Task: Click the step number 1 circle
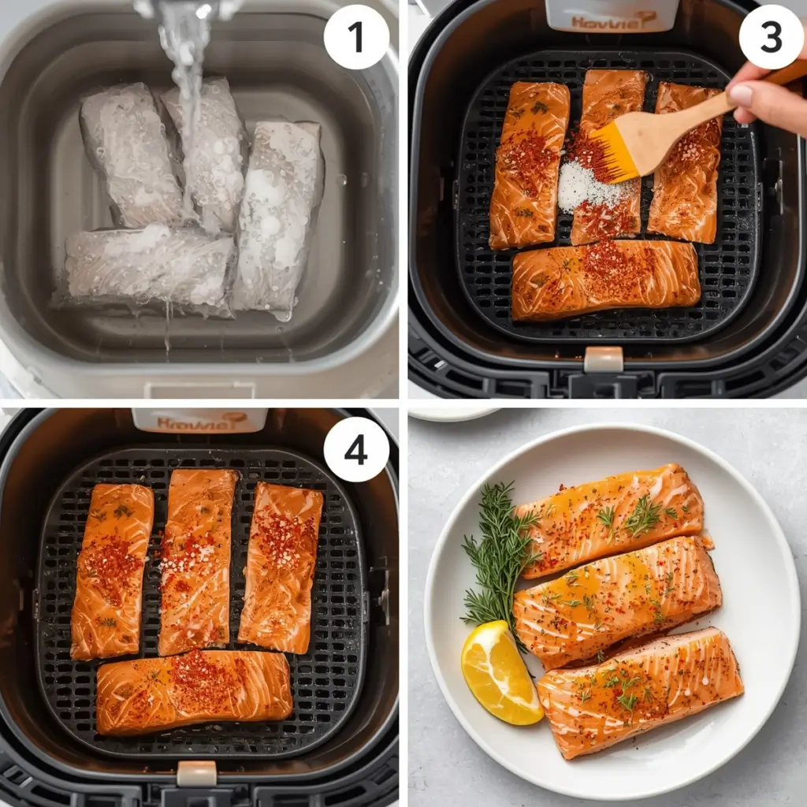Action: [356, 37]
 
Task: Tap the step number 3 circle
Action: [771, 37]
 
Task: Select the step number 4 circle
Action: [356, 449]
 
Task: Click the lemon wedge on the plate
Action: [500, 672]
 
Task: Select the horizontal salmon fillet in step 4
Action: [194, 691]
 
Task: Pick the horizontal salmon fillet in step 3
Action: [605, 280]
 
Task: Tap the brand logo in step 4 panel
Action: [200, 421]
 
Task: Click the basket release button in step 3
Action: [603, 359]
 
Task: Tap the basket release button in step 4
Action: [196, 773]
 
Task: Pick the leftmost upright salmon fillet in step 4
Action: [112, 571]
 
